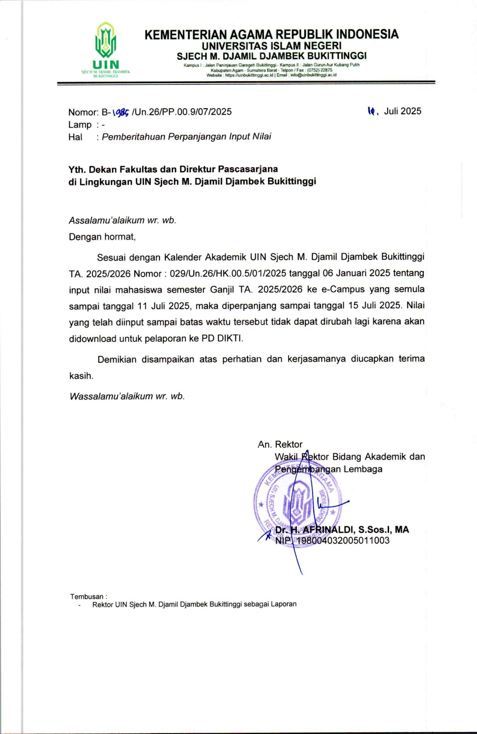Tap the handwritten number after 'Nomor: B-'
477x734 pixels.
[121, 112]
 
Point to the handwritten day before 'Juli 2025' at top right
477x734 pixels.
[372, 111]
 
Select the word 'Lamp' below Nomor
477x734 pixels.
[80, 125]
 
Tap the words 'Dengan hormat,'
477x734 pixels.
[102, 237]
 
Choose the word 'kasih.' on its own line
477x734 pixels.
[81, 376]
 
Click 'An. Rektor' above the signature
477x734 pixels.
[280, 445]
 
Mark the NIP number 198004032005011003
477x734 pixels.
[343, 540]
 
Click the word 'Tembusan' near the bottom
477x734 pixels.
[87, 597]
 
